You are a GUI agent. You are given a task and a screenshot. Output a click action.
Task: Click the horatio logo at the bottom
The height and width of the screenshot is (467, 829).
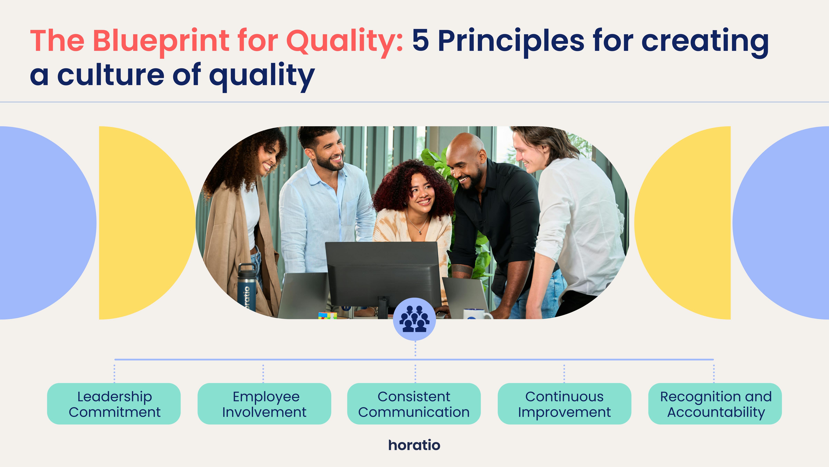414,445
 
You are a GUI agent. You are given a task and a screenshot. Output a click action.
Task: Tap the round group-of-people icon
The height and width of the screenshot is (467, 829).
414,319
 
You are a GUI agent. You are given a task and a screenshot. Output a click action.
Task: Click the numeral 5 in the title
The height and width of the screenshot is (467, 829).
421,40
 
